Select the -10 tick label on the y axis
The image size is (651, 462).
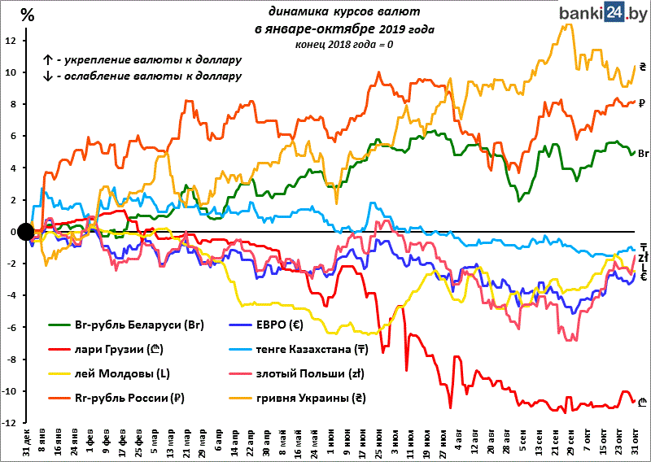(10, 391)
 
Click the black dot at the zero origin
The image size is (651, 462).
(26, 232)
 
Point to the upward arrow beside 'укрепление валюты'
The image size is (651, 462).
(47, 61)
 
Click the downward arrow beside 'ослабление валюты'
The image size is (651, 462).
(47, 77)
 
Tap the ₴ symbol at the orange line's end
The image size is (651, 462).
(642, 67)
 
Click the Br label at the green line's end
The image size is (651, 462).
(642, 153)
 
